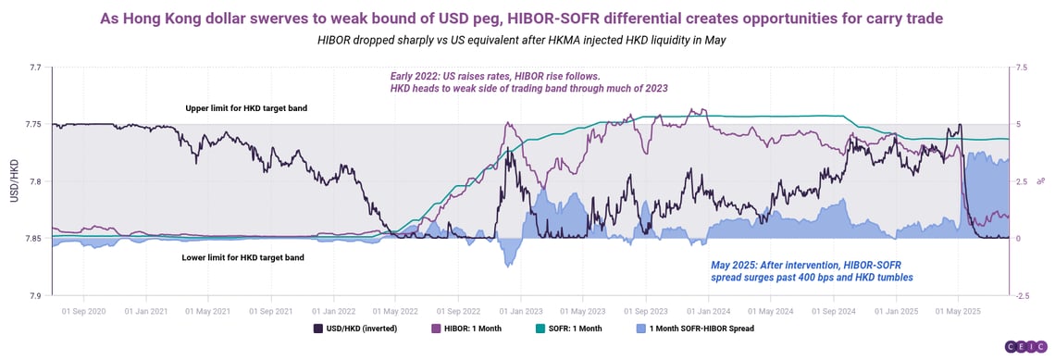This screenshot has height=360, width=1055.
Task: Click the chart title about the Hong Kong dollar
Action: click(527, 19)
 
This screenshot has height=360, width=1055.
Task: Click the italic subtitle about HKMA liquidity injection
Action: click(527, 41)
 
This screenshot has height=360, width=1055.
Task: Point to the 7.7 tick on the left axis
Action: click(34, 68)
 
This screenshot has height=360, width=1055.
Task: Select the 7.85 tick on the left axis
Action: click(32, 239)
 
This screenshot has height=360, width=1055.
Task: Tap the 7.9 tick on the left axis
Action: click(34, 295)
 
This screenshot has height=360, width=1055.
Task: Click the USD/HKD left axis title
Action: click(13, 181)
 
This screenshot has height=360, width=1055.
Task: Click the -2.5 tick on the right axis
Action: click(1022, 295)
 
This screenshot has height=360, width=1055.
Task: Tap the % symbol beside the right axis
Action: click(1040, 181)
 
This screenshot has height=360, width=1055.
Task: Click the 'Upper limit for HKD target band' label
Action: click(246, 108)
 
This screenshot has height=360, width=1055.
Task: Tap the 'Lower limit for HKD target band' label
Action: click(243, 257)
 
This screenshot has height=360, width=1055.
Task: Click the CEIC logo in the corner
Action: click(1025, 346)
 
